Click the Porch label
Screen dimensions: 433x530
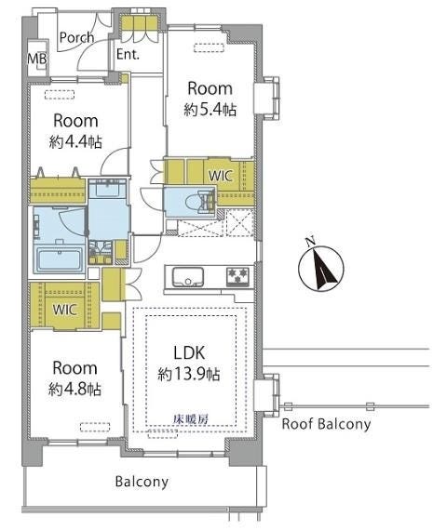(76, 37)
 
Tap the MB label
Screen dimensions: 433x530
(37, 60)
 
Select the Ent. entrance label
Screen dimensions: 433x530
(128, 54)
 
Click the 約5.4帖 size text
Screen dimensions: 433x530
(210, 110)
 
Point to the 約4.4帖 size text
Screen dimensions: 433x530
(75, 142)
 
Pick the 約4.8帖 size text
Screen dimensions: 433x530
(74, 390)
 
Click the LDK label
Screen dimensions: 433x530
(189, 353)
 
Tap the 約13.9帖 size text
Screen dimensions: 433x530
(189, 374)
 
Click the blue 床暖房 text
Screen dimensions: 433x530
(190, 419)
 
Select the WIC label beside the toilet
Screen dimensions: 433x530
(221, 176)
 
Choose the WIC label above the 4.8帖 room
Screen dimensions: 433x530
(64, 310)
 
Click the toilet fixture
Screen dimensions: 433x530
(200, 202)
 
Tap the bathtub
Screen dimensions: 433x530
(59, 259)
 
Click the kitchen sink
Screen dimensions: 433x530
(188, 277)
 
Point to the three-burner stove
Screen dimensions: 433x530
(237, 277)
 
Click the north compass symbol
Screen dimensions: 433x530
(320, 268)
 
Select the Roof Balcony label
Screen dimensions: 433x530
(326, 424)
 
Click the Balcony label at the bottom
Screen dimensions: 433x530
(142, 482)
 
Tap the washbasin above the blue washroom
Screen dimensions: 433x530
(107, 188)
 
